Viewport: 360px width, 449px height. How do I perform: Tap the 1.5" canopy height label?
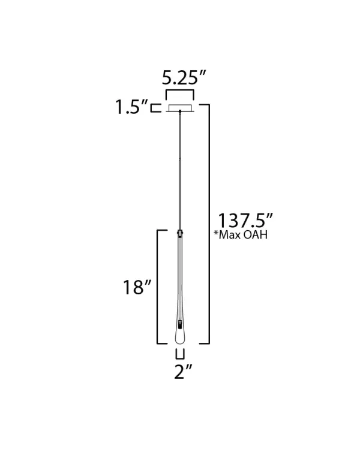(x=131, y=107)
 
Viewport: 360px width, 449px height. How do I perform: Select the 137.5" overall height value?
(x=245, y=221)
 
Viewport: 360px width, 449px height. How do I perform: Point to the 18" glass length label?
(x=137, y=287)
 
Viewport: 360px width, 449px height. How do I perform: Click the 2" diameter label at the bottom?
(x=183, y=372)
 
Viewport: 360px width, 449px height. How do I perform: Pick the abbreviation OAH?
(x=256, y=235)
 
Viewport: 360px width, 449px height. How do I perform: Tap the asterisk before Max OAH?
(x=216, y=233)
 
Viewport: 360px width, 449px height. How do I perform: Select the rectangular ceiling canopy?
(x=180, y=108)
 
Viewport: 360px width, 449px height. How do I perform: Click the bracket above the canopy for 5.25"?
(x=180, y=90)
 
